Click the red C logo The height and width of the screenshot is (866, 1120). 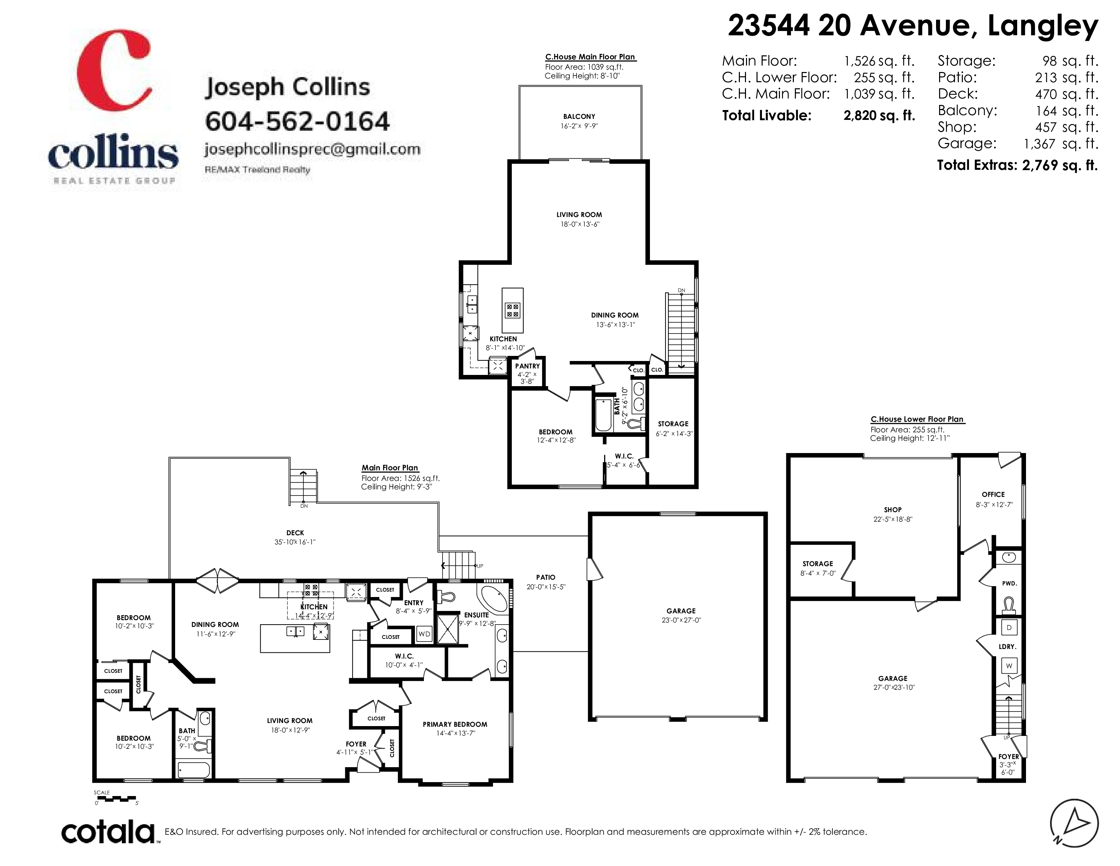114,70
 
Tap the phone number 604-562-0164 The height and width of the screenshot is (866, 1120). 297,121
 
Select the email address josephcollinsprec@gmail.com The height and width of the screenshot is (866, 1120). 312,149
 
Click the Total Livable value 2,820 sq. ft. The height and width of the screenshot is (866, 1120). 879,115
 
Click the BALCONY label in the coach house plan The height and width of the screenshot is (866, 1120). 579,116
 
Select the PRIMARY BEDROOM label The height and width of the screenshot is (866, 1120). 455,724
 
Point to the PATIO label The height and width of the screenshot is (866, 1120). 546,577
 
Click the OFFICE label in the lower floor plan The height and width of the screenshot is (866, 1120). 993,494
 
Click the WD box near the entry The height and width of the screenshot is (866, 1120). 424,634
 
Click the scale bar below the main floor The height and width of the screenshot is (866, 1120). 116,799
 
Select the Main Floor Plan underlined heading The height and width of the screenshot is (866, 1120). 390,468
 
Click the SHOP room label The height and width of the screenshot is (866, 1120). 893,509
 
